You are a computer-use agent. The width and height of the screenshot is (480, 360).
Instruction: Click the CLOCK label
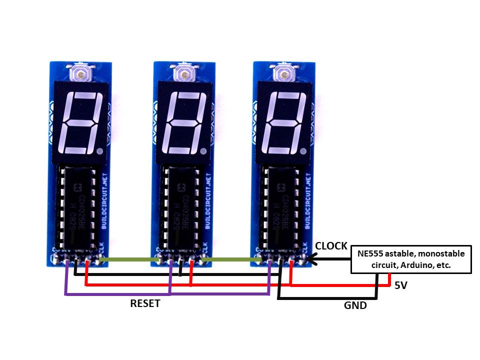[331, 246]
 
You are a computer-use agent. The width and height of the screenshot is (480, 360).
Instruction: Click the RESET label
[145, 303]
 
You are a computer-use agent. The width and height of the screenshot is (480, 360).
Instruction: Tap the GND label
[355, 305]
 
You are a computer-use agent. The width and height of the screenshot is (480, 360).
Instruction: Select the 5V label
[401, 286]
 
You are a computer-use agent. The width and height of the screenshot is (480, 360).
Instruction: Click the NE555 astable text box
[411, 259]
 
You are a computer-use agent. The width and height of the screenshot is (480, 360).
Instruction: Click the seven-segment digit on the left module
[80, 123]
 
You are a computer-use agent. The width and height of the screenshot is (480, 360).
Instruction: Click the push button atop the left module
[80, 74]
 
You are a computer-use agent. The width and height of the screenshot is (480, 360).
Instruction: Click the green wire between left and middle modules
[127, 259]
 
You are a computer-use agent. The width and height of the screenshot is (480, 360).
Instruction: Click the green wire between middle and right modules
[230, 259]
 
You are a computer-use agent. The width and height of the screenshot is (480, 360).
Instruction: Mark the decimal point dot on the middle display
[202, 150]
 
